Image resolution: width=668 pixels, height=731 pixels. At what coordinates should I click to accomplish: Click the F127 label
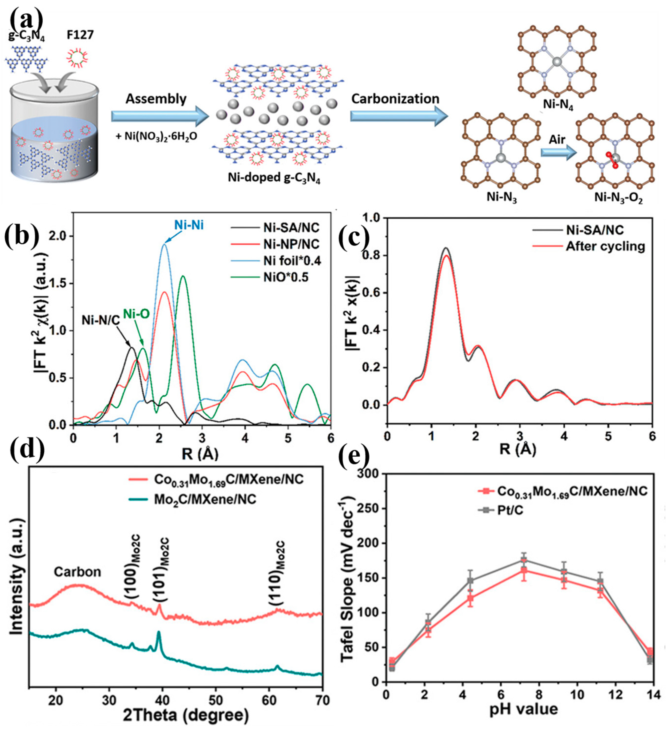pos(80,35)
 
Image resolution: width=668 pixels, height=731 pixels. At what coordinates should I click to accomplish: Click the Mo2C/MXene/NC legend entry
pos(205,499)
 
